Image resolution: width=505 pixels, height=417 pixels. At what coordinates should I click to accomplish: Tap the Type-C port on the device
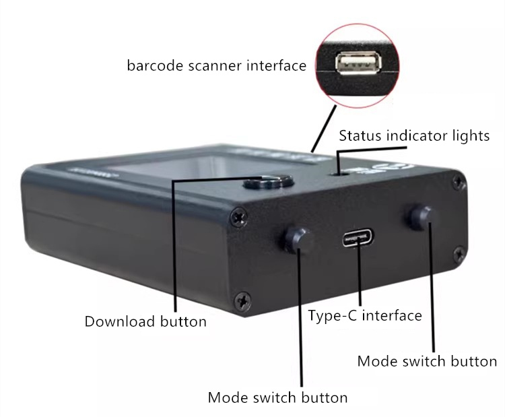click(358, 238)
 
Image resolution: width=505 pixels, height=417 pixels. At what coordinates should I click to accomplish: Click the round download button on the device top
click(269, 183)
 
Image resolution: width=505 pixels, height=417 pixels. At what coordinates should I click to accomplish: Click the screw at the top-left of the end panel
click(239, 218)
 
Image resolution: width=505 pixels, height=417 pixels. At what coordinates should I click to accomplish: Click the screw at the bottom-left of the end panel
click(243, 302)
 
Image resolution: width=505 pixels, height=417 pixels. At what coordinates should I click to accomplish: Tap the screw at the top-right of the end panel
click(459, 182)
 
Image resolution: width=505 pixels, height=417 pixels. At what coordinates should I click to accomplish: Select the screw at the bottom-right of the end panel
click(459, 254)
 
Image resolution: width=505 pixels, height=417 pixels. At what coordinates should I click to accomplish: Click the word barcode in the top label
click(156, 65)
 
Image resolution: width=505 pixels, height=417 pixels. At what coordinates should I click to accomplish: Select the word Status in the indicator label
click(360, 135)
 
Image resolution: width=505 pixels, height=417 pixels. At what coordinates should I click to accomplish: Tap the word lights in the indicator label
click(471, 135)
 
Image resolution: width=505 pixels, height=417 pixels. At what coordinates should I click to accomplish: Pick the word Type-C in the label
click(333, 315)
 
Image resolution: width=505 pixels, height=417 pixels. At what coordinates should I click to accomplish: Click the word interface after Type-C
click(392, 315)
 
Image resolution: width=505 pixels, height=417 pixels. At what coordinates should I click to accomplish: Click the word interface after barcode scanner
click(277, 65)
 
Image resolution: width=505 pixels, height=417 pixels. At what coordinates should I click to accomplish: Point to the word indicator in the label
click(416, 135)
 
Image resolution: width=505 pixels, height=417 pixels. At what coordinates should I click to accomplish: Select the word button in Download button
click(183, 321)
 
